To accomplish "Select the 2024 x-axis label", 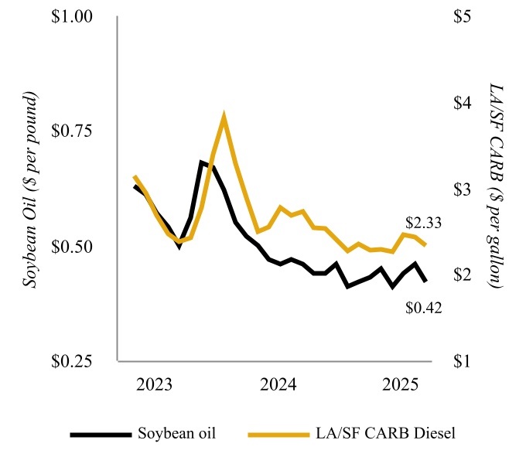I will pyautogui.click(x=276, y=384).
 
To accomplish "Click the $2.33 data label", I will pyautogui.click(x=424, y=222).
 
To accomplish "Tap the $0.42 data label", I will pyautogui.click(x=423, y=308).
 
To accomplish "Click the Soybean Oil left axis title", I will pyautogui.click(x=31, y=189).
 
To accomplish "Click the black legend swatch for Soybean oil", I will pyautogui.click(x=100, y=433).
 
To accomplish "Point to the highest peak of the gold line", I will pyautogui.click(x=224, y=117).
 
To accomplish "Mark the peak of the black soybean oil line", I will pyautogui.click(x=202, y=162).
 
